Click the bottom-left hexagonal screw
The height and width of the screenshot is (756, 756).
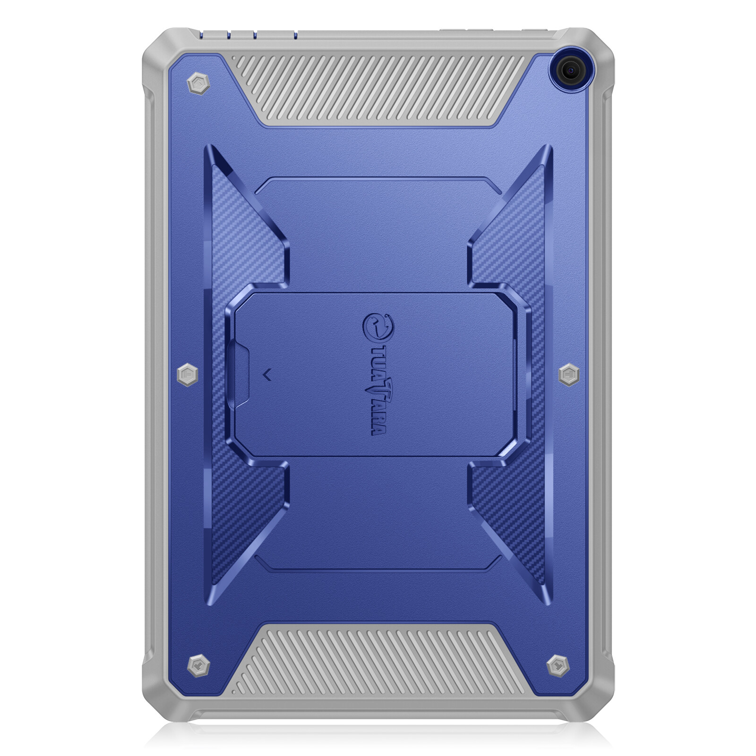point(198,666)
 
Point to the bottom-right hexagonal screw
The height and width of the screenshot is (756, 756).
point(558,666)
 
